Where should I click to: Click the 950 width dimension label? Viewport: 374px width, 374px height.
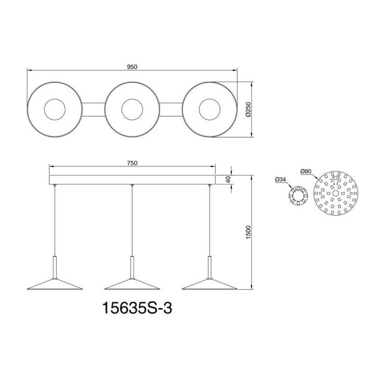point(131,67)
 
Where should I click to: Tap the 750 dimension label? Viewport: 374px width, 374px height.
point(132,163)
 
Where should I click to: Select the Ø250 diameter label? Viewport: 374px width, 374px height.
point(249,110)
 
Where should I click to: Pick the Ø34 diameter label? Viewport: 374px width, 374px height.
point(280,180)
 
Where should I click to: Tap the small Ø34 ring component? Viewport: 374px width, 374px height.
point(299,198)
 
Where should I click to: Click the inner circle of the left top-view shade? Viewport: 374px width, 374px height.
point(54,110)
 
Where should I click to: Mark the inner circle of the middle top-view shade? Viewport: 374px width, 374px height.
point(132,110)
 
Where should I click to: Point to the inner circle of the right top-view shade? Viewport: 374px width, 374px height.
point(209,110)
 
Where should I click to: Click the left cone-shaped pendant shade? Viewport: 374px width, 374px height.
point(54,281)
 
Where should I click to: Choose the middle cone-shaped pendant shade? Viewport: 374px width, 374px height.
point(132,281)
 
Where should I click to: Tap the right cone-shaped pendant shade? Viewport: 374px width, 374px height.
point(209,281)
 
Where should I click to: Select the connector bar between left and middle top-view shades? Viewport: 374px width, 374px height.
point(93,110)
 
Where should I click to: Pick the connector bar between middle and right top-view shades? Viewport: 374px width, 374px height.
point(170,110)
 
